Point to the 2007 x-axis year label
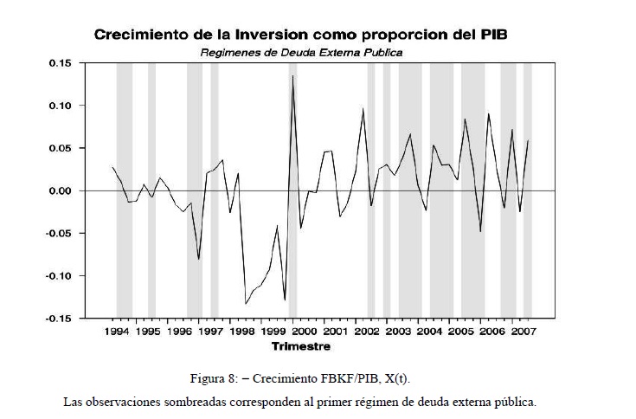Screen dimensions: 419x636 (x=522, y=332)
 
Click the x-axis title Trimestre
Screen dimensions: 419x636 (x=300, y=346)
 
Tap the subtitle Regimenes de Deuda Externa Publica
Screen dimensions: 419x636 (x=302, y=52)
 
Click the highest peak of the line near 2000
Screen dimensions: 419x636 (x=292, y=76)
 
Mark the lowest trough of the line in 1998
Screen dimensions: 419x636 (x=246, y=303)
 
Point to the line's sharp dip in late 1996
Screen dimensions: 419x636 (x=199, y=259)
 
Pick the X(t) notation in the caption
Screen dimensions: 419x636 (x=421, y=379)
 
